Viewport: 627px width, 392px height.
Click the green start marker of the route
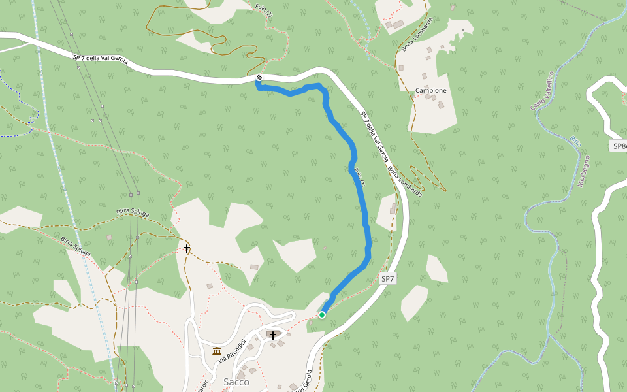pyautogui.click(x=322, y=315)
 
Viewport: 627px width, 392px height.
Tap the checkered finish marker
pyautogui.click(x=259, y=78)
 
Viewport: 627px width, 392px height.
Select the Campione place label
pyautogui.click(x=431, y=91)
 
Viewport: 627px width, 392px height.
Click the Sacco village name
pyautogui.click(x=236, y=382)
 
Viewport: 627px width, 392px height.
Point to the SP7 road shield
pyautogui.click(x=388, y=279)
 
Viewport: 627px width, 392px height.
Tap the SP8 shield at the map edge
pyautogui.click(x=619, y=146)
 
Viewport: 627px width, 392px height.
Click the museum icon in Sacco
pyautogui.click(x=217, y=351)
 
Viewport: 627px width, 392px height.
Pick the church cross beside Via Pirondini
pyautogui.click(x=273, y=336)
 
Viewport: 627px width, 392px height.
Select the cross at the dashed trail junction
pyautogui.click(x=187, y=248)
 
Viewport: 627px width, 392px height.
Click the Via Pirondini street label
pyautogui.click(x=233, y=353)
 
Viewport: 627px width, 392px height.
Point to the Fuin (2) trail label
pyautogui.click(x=264, y=10)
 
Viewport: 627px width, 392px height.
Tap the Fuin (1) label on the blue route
pyautogui.click(x=359, y=178)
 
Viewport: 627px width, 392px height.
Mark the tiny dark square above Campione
pyautogui.click(x=463, y=30)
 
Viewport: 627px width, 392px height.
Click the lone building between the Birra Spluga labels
pyautogui.click(x=109, y=237)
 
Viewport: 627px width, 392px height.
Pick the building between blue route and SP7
pyautogui.click(x=393, y=210)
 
